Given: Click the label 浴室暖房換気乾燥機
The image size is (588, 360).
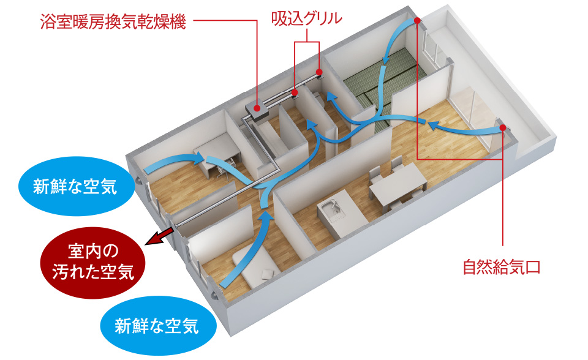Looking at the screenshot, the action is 113,22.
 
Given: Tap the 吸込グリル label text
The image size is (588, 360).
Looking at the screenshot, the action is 306,19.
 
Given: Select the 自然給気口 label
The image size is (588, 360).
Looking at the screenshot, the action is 502,268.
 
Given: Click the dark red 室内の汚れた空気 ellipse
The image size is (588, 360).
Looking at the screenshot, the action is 92,262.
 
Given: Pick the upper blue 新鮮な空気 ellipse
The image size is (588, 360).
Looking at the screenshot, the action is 75,186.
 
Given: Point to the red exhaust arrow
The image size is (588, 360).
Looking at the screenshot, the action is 159,238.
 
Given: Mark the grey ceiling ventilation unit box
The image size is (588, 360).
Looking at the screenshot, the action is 258,111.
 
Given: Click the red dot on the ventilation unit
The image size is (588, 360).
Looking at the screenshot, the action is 257,108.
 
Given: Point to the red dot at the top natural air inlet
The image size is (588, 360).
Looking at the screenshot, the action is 417,21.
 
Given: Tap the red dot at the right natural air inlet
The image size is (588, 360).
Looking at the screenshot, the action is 502,128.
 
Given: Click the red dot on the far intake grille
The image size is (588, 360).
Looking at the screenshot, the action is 319,72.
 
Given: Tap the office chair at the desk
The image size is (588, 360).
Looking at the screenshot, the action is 226,168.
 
